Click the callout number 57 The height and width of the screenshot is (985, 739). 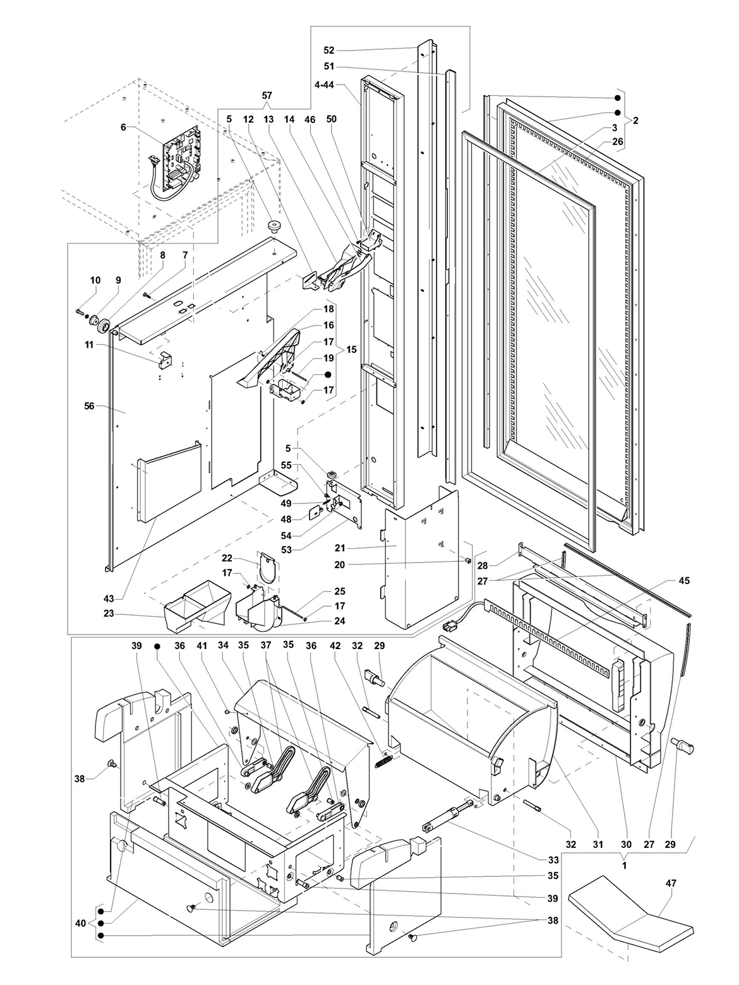(x=267, y=95)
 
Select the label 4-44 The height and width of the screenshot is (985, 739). (x=324, y=85)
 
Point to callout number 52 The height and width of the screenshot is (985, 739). (x=329, y=51)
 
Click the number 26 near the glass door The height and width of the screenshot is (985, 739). (x=618, y=141)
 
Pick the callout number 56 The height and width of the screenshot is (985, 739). (x=89, y=405)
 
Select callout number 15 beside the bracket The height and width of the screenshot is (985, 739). (x=351, y=349)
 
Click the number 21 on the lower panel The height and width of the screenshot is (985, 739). (x=340, y=548)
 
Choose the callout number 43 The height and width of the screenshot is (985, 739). (x=109, y=598)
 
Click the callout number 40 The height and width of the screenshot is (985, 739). (x=80, y=923)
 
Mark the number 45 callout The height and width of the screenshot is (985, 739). (x=684, y=581)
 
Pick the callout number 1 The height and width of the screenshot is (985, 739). (x=624, y=866)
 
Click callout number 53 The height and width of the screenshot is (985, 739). (x=286, y=550)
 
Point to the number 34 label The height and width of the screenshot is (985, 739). (x=223, y=645)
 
